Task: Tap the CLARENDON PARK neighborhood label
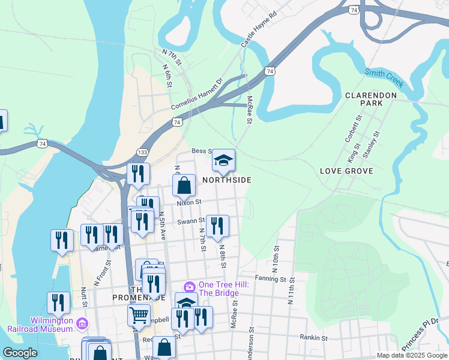click(371, 99)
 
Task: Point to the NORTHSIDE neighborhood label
click(226, 179)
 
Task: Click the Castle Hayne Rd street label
click(259, 30)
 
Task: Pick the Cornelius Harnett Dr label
click(196, 94)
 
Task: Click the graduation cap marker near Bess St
click(223, 160)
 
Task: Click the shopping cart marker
click(139, 314)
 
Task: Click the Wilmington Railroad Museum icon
click(83, 325)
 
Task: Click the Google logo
click(20, 353)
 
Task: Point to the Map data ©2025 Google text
click(412, 355)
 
